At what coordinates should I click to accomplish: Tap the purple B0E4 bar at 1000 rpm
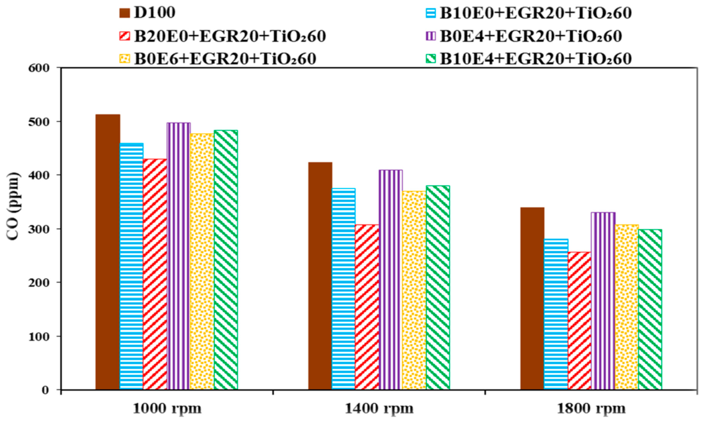[x=178, y=256]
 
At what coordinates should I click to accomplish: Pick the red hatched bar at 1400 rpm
[x=367, y=307]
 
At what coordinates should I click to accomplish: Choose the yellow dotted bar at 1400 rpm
[x=414, y=290]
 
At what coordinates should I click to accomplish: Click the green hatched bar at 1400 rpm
[x=438, y=287]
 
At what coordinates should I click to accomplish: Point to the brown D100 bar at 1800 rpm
[x=532, y=299]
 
